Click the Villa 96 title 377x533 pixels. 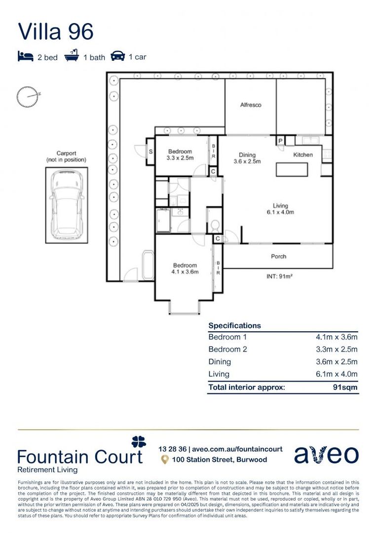point(55,31)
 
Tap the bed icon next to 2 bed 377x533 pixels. point(25,56)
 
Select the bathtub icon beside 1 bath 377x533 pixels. point(72,56)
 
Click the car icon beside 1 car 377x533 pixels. point(117,56)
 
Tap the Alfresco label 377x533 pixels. point(250,105)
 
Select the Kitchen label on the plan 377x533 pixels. point(303,155)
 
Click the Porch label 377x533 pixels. point(278,257)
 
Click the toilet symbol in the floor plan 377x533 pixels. point(214,227)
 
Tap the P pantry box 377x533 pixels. point(280,141)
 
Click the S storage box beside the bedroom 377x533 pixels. point(151,152)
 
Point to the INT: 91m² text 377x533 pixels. point(279,277)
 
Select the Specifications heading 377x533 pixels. point(234,326)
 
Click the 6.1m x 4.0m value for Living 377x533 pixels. point(337,374)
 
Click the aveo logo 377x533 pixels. point(326,455)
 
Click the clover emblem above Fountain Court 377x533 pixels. point(139,442)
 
